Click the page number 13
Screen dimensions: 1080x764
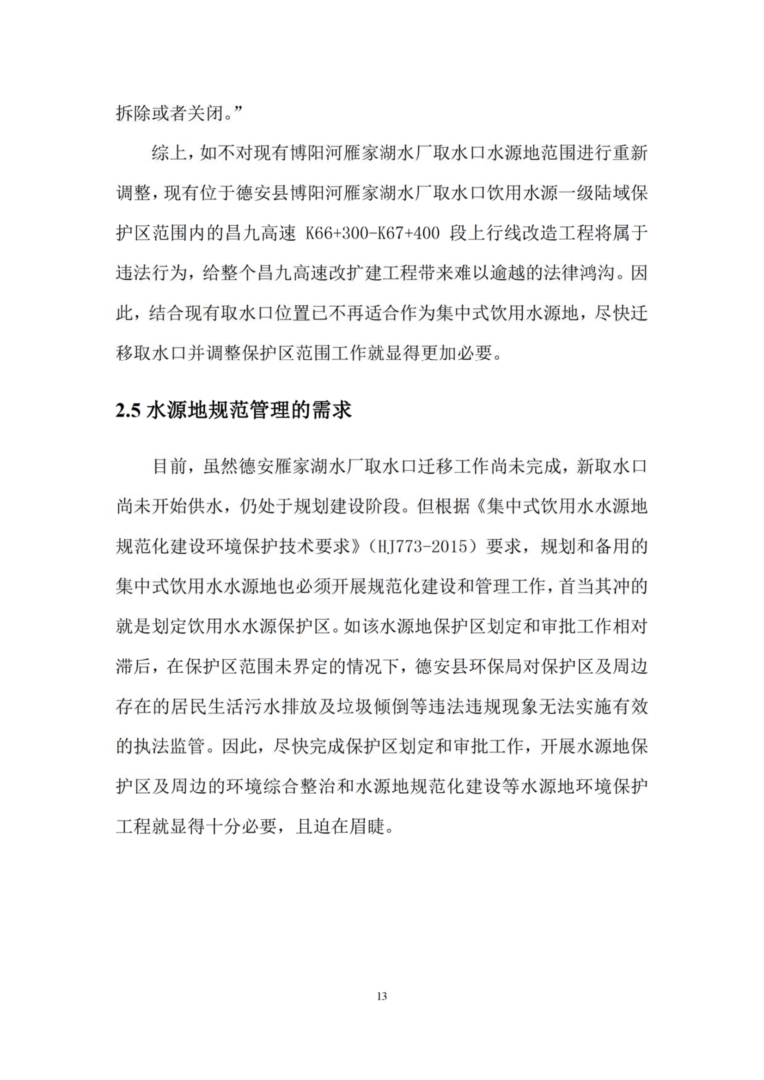[382, 996]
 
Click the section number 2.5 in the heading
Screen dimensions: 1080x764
[128, 410]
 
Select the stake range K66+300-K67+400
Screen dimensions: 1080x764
[373, 233]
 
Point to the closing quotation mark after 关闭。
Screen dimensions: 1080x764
[237, 111]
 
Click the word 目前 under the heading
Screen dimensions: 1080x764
[171, 467]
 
